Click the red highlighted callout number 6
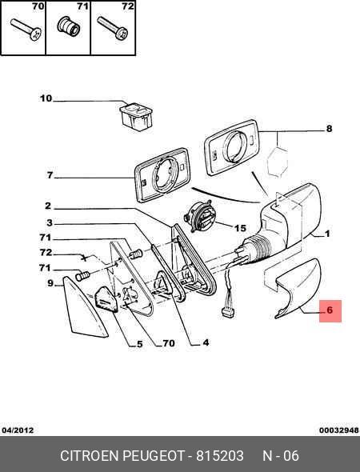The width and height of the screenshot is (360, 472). [x=330, y=310]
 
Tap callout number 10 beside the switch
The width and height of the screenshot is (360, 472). [x=46, y=98]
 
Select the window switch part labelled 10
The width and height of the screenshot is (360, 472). [x=136, y=117]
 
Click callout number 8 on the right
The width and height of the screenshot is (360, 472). [x=329, y=129]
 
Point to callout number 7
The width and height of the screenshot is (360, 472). [x=50, y=175]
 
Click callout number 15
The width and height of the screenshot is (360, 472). [x=240, y=228]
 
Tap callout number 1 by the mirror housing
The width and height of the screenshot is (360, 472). [x=327, y=234]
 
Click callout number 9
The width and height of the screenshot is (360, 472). [x=50, y=283]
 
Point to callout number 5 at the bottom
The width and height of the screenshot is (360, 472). [x=140, y=344]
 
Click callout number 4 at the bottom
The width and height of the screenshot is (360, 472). [x=206, y=342]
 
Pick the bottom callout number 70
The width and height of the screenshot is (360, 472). [x=169, y=343]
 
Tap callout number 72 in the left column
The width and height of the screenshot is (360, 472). [x=46, y=252]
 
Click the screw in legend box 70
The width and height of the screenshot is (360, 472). [x=26, y=30]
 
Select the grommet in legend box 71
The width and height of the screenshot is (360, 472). [x=69, y=26]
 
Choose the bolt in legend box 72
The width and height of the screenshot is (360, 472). [x=113, y=28]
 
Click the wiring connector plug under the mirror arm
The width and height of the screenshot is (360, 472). [x=228, y=312]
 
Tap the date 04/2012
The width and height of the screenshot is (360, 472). [x=18, y=430]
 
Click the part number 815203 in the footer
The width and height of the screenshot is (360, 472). [x=220, y=456]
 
